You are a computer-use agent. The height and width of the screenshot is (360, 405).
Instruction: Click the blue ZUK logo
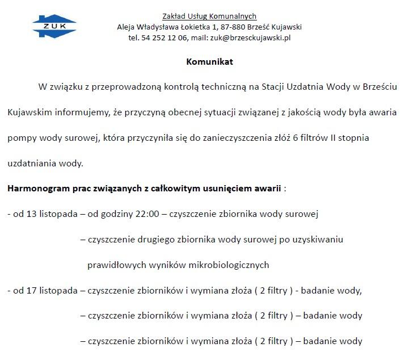tap(54, 27)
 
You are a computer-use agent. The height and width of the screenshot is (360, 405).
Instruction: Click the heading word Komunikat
tap(209, 62)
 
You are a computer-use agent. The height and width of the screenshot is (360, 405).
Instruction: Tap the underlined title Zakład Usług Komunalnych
tap(209, 16)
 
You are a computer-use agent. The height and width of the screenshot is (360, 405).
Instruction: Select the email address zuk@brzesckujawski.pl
tap(250, 38)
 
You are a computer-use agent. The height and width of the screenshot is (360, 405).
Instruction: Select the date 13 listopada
tap(48, 214)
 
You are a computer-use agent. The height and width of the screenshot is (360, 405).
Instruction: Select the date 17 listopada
tap(48, 291)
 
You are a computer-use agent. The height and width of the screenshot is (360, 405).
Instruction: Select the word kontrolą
tap(167, 87)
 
